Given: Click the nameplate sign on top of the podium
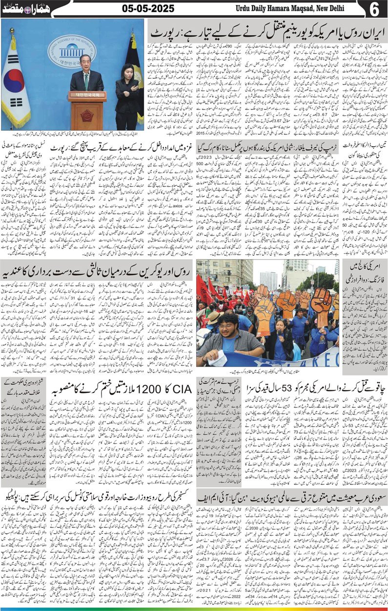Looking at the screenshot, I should [87, 96].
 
